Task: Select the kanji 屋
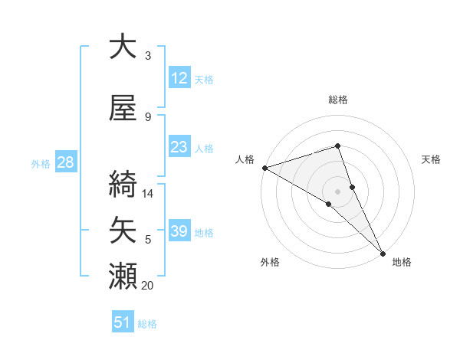coord(123,107)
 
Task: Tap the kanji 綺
coord(123,185)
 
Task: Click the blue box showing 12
coord(179,78)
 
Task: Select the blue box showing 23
coord(179,147)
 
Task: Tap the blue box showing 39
coord(179,231)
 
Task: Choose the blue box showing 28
coord(65,162)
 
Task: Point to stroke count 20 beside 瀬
coord(148,286)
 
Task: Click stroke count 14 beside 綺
coord(148,194)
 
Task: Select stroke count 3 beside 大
coord(148,56)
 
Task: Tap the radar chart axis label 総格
coord(338,100)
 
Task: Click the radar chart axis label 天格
coord(431,159)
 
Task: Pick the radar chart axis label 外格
coord(270,263)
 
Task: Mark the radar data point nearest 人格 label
coord(264,168)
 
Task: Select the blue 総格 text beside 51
coord(147,324)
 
